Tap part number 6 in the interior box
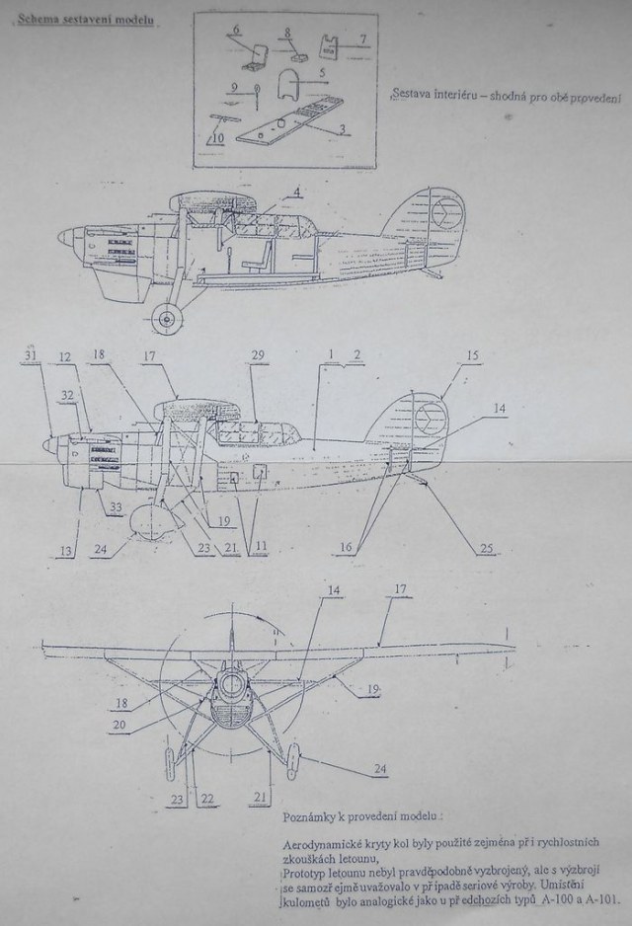[237, 31]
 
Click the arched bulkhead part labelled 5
[288, 84]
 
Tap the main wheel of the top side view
[169, 317]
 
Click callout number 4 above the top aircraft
[297, 191]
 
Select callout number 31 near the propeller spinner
[32, 355]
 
